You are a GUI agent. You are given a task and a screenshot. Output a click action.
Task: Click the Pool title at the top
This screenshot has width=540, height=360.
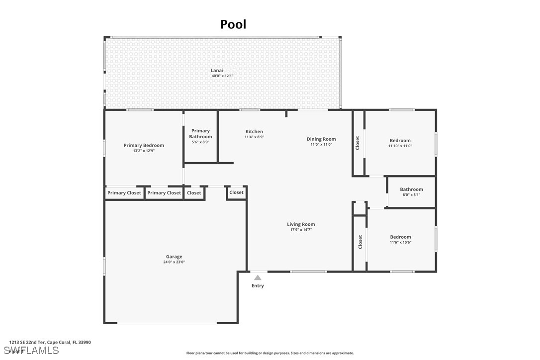(x=233, y=24)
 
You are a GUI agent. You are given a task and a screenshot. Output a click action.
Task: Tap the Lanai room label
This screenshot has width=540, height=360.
(x=217, y=71)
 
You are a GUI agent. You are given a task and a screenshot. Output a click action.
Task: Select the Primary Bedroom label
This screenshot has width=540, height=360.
(x=144, y=145)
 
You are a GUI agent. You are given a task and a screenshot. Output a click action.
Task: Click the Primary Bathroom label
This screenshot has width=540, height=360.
(x=200, y=134)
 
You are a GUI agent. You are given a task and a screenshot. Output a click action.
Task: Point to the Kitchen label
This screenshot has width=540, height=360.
(x=254, y=132)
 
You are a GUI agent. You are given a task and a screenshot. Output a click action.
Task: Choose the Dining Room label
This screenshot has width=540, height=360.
(x=321, y=139)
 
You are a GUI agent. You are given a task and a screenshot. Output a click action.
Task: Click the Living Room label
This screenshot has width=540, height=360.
(x=301, y=224)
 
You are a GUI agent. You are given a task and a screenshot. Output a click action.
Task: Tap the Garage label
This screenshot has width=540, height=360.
(x=174, y=257)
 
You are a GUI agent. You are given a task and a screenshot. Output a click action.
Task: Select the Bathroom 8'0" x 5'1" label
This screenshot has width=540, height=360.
(x=411, y=189)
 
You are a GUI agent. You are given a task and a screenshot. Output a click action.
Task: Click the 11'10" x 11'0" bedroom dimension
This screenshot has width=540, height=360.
(x=400, y=146)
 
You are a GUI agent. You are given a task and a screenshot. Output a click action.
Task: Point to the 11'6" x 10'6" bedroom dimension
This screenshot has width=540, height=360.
(x=400, y=243)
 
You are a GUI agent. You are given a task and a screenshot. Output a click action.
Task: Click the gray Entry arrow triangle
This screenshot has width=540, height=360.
(x=258, y=278)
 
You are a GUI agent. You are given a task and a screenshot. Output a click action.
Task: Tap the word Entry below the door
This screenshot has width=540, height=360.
(x=258, y=286)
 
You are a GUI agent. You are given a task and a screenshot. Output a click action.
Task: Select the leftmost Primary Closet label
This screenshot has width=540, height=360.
(x=124, y=193)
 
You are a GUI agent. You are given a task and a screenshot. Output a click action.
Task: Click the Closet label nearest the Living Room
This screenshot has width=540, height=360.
(x=237, y=192)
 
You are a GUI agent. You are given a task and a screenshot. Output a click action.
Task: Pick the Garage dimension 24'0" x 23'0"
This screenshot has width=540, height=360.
(x=174, y=262)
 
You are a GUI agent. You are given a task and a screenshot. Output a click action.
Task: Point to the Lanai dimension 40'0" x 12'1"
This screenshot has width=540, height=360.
(x=222, y=76)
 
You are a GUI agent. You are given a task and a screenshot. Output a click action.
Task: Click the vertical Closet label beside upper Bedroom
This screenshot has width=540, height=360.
(x=358, y=143)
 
